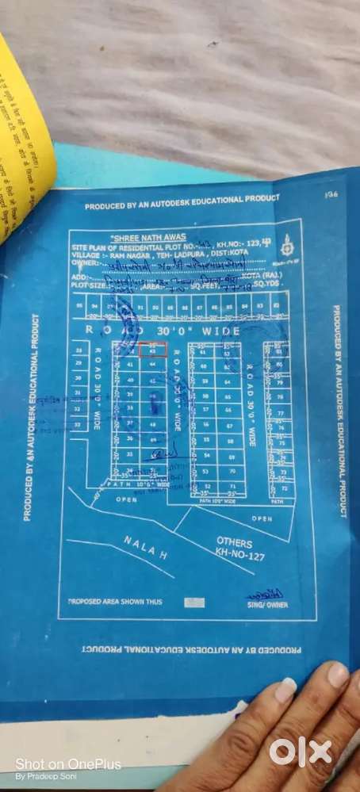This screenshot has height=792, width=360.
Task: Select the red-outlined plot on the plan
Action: (152, 350)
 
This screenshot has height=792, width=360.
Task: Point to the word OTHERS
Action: (235, 543)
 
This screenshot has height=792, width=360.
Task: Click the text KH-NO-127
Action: (241, 556)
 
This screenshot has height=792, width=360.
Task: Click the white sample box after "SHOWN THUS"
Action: (193, 603)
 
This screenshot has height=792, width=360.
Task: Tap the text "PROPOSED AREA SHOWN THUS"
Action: (115, 603)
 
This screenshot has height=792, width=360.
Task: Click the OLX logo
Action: (301, 751)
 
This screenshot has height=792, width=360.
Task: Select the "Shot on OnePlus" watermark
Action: (68, 763)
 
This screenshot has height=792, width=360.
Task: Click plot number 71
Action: (232, 486)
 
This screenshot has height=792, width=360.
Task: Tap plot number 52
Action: (207, 486)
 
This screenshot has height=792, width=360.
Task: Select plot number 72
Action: (283, 488)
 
